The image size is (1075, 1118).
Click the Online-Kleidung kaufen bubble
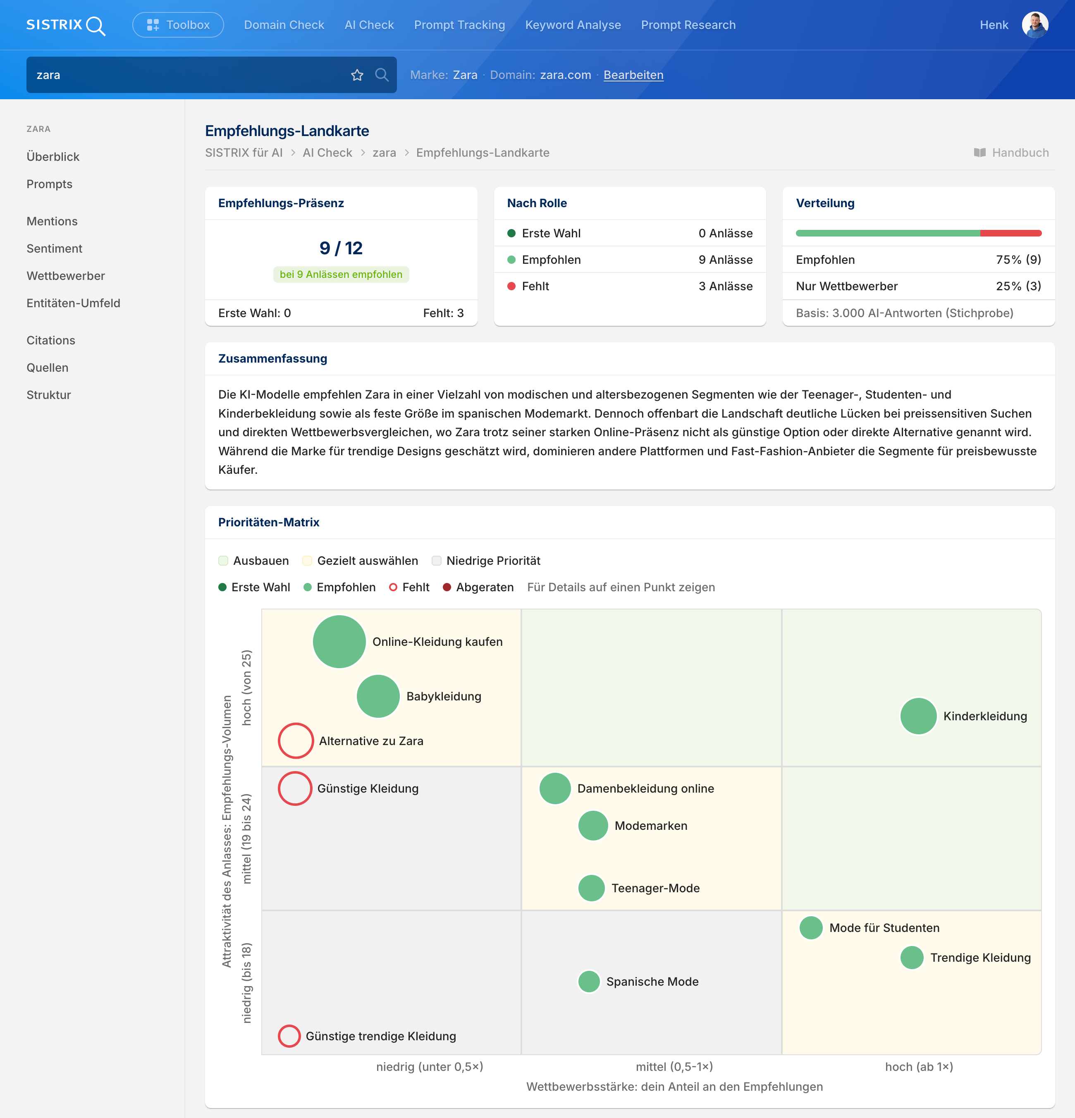point(339,642)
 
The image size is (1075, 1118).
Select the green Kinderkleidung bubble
point(918,716)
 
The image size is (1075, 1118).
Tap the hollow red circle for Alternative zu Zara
point(295,741)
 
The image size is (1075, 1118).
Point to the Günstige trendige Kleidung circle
point(289,1036)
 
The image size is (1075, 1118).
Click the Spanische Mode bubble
point(589,981)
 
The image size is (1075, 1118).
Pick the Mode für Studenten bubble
point(811,927)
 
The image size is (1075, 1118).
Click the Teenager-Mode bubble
point(591,888)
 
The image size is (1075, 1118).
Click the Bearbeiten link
point(633,75)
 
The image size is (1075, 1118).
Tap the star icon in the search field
point(357,75)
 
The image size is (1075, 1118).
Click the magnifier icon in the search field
point(382,75)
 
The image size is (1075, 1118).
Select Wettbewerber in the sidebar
point(66,275)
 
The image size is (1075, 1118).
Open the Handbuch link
point(1011,152)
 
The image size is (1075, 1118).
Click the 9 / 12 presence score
point(341,248)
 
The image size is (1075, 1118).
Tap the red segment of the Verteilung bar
point(1010,233)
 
